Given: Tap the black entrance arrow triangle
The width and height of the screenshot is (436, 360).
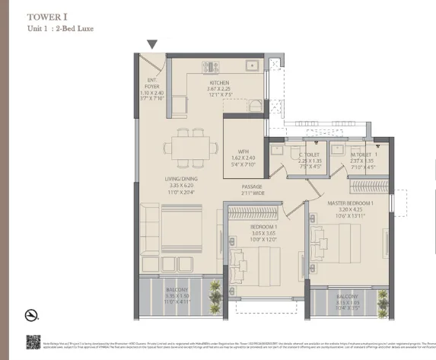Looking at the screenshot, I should [x=152, y=46].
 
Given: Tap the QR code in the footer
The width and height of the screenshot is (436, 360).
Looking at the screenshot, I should [x=33, y=342].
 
